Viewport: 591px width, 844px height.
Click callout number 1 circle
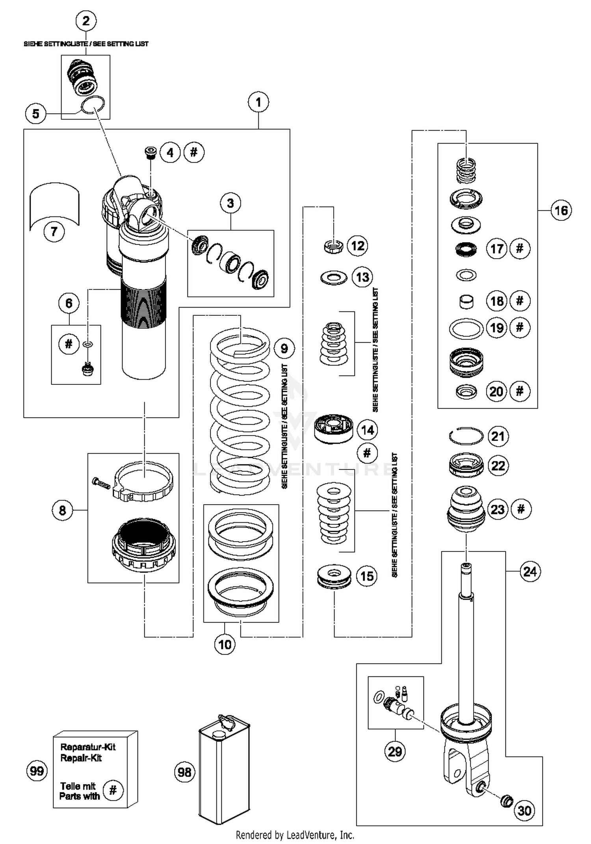(x=258, y=102)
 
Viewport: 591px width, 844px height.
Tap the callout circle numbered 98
(x=184, y=772)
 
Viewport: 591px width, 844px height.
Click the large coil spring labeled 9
(x=240, y=410)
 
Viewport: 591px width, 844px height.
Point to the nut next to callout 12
(x=333, y=247)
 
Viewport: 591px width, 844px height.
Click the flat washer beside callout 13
(x=333, y=278)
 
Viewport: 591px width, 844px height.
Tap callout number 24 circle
(x=530, y=571)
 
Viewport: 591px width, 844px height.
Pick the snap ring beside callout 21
(x=466, y=436)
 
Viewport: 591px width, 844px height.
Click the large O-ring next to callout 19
(x=466, y=328)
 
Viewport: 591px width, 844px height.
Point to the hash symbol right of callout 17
(x=520, y=249)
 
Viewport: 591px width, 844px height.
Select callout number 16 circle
(x=561, y=211)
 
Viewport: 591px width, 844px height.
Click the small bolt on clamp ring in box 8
(x=101, y=484)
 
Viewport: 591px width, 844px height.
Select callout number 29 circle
(x=395, y=751)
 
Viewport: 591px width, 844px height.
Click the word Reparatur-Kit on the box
(x=88, y=747)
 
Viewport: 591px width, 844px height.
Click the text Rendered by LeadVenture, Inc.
(x=295, y=835)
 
